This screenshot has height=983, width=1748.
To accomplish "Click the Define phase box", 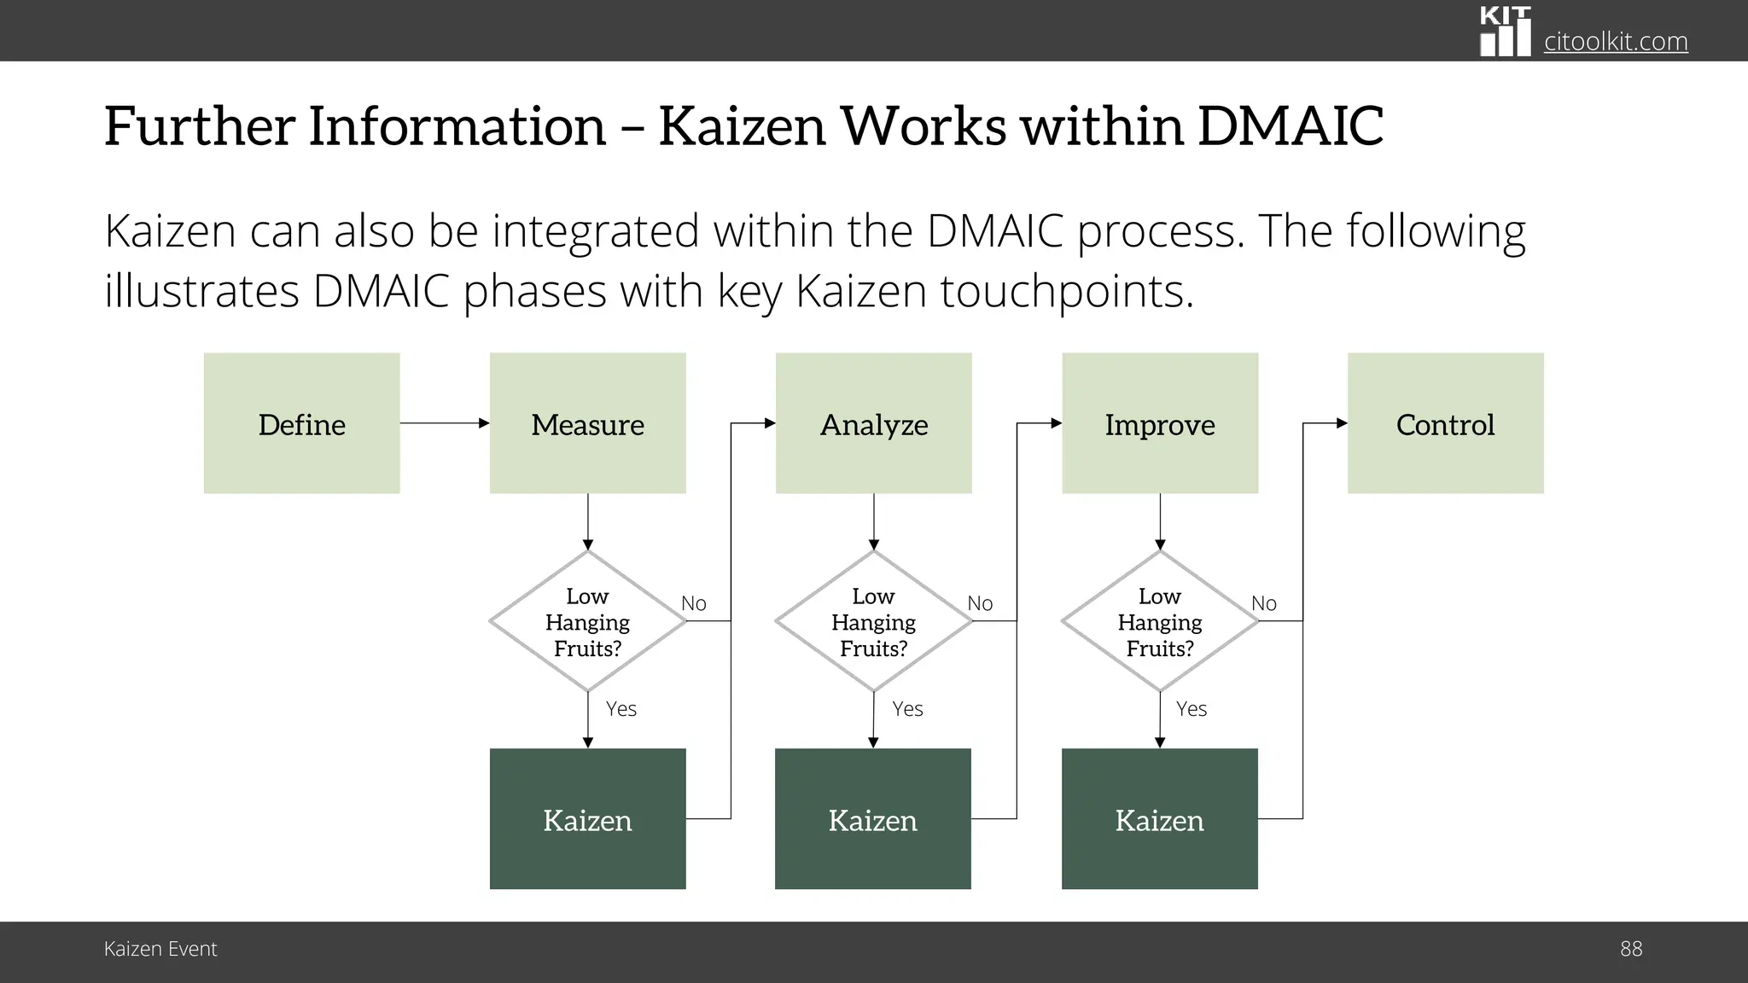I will click(301, 423).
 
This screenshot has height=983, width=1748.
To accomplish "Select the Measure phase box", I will click(587, 423).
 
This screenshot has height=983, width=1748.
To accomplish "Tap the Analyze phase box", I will click(873, 423).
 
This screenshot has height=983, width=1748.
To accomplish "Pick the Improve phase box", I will click(1159, 423).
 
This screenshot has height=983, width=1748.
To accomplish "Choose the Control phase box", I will click(1445, 423).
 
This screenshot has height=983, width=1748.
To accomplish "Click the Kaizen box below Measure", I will click(587, 819).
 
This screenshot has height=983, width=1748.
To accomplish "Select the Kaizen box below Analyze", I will click(872, 819).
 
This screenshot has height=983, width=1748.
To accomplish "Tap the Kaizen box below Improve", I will click(1159, 819).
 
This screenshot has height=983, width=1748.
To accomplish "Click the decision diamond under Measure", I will click(587, 621).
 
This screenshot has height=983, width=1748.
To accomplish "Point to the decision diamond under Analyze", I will click(873, 621).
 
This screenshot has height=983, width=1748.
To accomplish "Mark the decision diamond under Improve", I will click(1159, 621).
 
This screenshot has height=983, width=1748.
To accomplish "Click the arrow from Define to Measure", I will click(444, 423).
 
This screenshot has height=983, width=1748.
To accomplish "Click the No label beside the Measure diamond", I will click(693, 603).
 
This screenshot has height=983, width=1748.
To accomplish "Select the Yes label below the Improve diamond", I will click(1191, 709).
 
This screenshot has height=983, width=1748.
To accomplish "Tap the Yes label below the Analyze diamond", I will click(907, 709).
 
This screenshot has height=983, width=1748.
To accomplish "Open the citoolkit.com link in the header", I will click(1615, 41).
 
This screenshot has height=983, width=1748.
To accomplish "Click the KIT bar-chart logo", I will click(1505, 32).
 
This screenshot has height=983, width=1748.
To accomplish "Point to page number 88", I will click(1630, 949).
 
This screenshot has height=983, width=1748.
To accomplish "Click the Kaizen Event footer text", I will click(160, 949).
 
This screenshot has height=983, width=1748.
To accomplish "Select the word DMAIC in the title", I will click(1290, 126).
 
